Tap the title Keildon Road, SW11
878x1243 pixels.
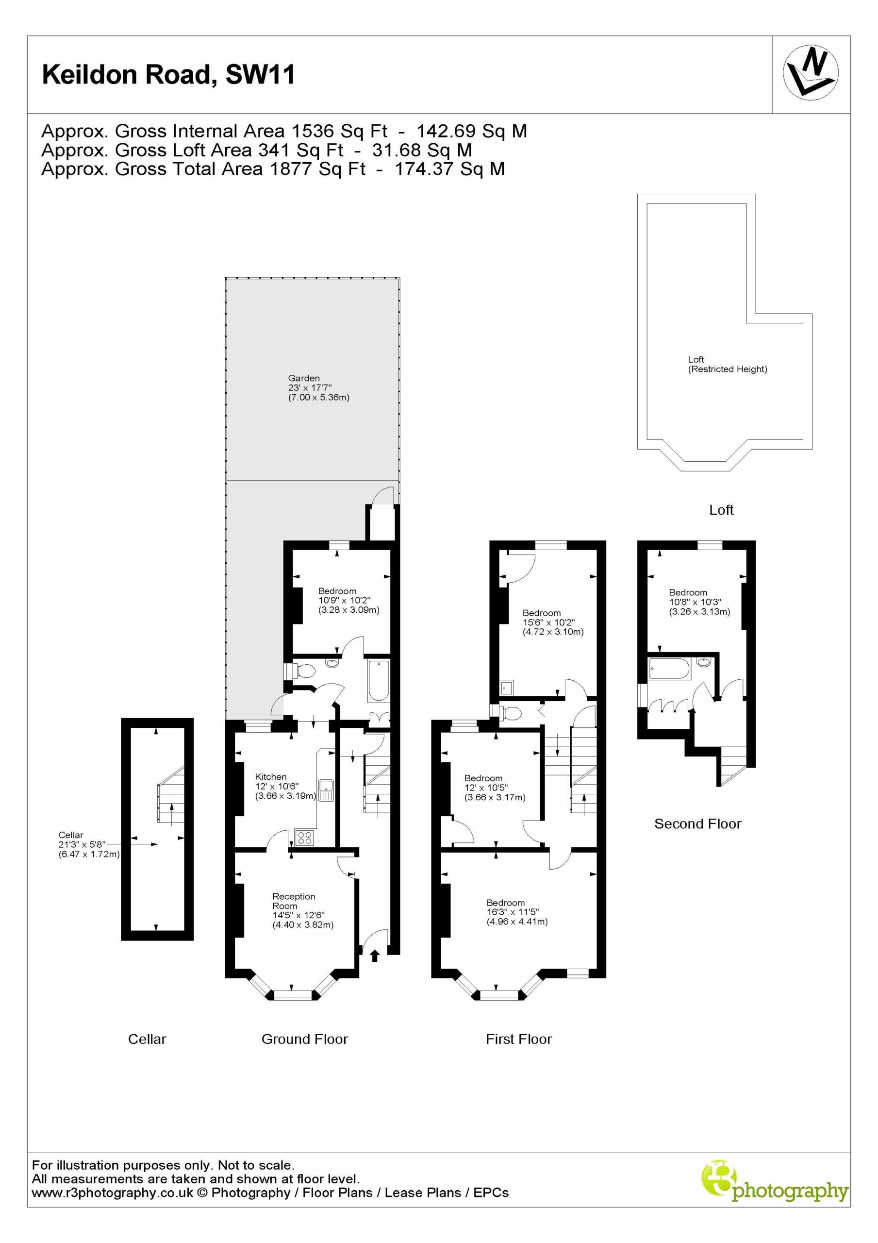click(x=168, y=75)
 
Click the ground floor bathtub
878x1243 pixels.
click(x=378, y=680)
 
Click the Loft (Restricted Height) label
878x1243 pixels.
click(x=728, y=364)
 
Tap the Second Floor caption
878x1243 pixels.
click(x=698, y=824)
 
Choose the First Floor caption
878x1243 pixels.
click(x=518, y=1039)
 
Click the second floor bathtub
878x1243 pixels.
click(x=670, y=669)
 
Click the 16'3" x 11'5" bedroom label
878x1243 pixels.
click(x=517, y=912)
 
